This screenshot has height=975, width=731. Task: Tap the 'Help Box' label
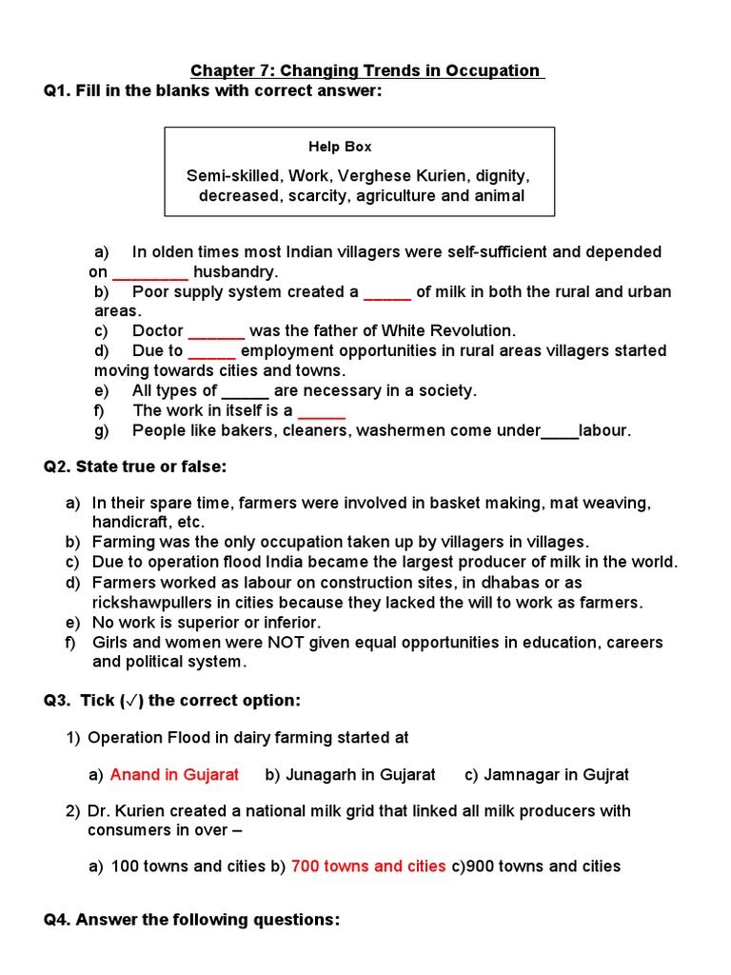pos(340,147)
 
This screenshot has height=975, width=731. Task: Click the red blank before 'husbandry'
pos(150,272)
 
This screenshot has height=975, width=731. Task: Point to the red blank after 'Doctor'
pos(217,331)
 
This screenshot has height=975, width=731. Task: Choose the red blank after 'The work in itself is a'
pos(322,410)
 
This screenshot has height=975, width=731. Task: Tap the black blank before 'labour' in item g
pos(560,430)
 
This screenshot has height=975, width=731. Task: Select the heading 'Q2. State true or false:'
pos(136,467)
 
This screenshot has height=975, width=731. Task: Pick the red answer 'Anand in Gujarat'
pos(174,774)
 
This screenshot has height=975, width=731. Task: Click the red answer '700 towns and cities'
pos(368,866)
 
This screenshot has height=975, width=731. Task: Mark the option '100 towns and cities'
pos(188,866)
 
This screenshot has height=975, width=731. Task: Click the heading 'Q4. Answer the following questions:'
pos(191,920)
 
